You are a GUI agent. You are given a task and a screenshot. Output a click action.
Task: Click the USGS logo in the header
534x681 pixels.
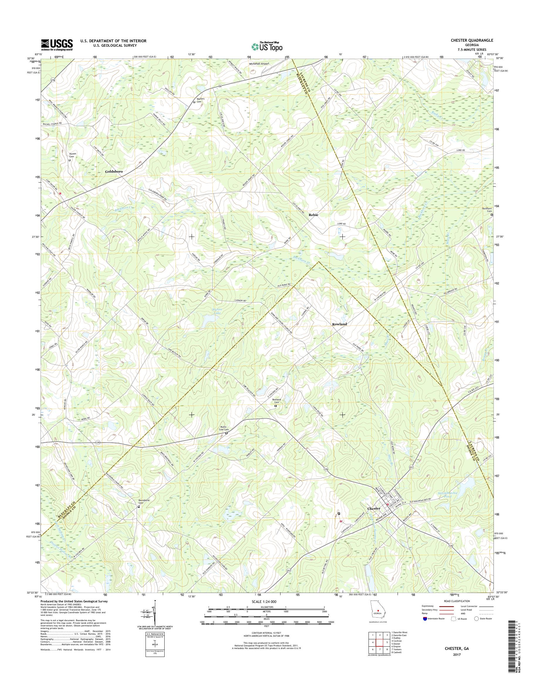coord(57,45)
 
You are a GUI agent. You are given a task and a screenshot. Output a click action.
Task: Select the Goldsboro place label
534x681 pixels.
coord(114,172)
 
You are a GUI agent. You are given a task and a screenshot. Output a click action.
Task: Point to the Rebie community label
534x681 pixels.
coord(313,215)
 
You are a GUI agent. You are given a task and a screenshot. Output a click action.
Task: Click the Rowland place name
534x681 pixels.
coord(339,324)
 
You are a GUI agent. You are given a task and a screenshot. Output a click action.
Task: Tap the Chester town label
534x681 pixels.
coord(374,509)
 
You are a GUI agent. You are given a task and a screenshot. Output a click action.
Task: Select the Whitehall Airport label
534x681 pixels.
coord(259,63)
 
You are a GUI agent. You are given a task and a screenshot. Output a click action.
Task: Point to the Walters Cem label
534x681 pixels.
coord(200,100)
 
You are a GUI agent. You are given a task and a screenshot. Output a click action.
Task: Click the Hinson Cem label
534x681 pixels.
coord(72,156)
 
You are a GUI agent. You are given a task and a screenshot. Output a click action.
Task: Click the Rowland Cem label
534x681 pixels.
coord(276,401)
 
